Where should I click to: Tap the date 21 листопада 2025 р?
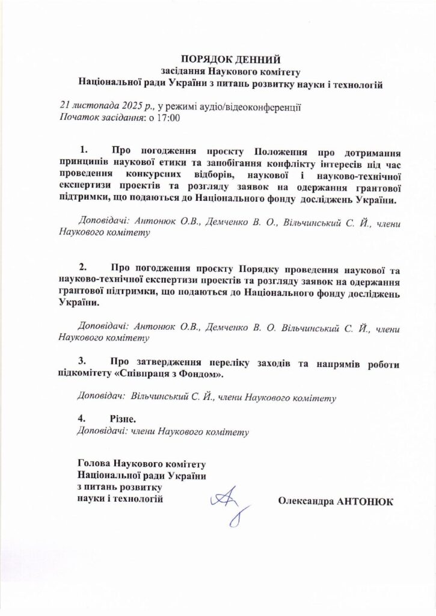106,106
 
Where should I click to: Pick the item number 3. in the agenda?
84,362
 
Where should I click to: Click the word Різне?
123,418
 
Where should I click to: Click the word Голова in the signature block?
96,464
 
